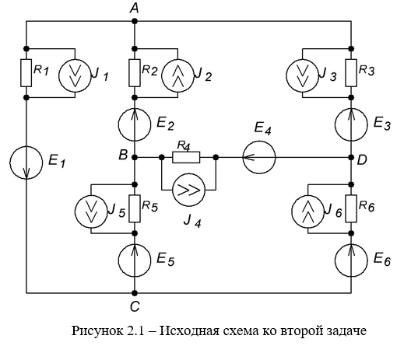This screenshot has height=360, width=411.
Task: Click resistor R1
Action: point(26,73)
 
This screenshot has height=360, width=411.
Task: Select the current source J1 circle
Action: point(75,75)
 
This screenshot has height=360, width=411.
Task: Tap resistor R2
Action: point(135,73)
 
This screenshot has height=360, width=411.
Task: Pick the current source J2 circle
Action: point(177,75)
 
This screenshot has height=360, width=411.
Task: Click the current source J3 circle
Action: point(302,75)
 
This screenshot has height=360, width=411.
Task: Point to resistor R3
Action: point(351,73)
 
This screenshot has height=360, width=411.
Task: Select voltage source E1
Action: point(26,163)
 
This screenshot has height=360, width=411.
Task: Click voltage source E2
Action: point(135,125)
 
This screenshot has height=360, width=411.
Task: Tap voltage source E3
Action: point(351,125)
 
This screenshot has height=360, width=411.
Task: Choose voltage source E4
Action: point(259,157)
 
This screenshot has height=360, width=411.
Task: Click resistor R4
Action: point(186,157)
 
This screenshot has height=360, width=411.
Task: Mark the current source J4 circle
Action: point(188,190)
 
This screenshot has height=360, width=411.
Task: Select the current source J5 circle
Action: point(91,211)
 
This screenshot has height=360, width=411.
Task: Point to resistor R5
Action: point(135,208)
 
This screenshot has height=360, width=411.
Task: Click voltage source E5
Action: point(135,260)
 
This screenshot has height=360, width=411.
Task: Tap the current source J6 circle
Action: point(307,211)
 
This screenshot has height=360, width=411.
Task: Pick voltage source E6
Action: point(351,260)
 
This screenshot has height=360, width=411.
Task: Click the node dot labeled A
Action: point(135,21)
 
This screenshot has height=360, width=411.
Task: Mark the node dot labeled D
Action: point(351,157)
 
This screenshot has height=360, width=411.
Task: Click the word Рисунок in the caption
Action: point(97,331)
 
